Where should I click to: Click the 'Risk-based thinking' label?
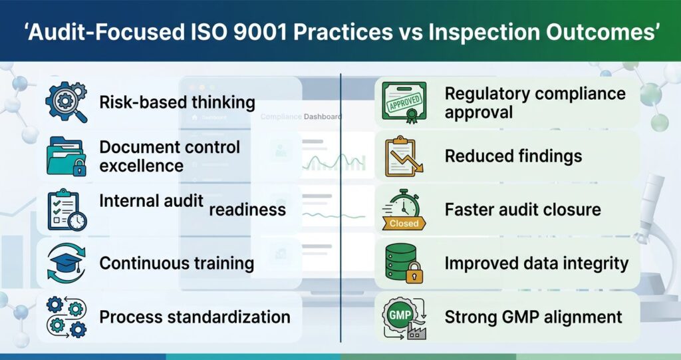click(x=177, y=102)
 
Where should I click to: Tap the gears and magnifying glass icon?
click(x=66, y=102)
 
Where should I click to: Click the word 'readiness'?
click(x=247, y=210)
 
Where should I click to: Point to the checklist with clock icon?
click(x=66, y=209)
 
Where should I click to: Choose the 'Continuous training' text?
click(x=177, y=263)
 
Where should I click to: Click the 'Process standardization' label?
click(x=195, y=317)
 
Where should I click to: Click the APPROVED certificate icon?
click(x=404, y=103)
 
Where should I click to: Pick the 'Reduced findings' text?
click(x=513, y=156)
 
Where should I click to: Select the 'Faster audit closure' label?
click(x=522, y=210)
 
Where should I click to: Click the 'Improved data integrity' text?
click(x=536, y=263)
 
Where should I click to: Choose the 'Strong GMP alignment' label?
click(x=533, y=317)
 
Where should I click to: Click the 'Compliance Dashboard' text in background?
click(x=301, y=117)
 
